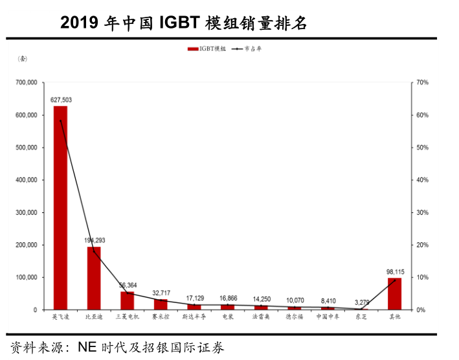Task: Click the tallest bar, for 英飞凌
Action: [x=60, y=207]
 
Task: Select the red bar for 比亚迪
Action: [x=94, y=278]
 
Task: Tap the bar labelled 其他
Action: [x=394, y=293]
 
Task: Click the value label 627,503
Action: [x=61, y=100]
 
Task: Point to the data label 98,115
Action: [x=394, y=271]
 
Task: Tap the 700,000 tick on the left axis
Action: [x=27, y=83]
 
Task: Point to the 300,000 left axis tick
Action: [x=27, y=212]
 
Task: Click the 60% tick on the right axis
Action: [x=423, y=115]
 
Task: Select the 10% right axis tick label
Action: [x=423, y=277]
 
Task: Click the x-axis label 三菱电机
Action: [x=128, y=317]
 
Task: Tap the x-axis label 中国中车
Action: [x=328, y=317]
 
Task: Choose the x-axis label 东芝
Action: [x=361, y=317]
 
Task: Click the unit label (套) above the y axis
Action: [x=23, y=60]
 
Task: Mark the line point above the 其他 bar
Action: [x=394, y=280]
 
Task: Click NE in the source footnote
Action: [x=87, y=348]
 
